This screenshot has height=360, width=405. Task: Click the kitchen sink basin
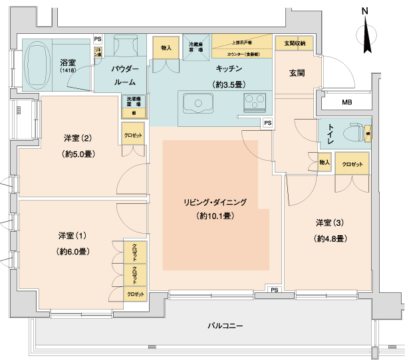[x=197, y=104]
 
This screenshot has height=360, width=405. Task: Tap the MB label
[x=347, y=102]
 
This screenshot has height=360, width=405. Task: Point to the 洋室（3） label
[x=331, y=222]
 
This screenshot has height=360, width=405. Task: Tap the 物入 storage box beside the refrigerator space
[x=166, y=48]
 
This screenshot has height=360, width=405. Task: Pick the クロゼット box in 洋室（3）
[x=352, y=163]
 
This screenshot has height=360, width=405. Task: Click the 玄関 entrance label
[x=297, y=72]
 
